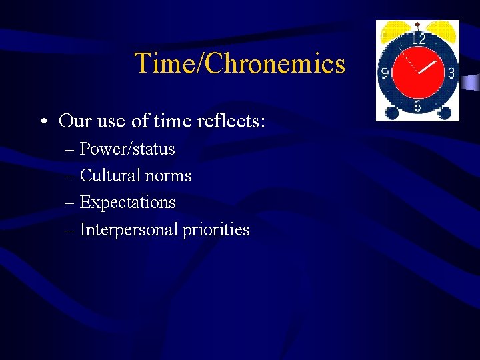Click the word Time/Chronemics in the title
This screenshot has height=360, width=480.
click(240, 64)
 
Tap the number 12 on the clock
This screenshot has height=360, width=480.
click(418, 39)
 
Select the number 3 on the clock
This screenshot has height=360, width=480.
click(451, 73)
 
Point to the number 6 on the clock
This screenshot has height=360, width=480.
click(417, 106)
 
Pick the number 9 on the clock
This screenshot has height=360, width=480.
click(385, 73)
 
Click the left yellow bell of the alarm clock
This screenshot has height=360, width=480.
click(393, 29)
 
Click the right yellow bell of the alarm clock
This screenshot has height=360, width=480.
click(442, 29)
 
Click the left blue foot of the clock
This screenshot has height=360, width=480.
click(392, 113)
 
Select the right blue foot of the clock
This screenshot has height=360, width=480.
click(443, 113)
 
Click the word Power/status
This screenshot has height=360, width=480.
click(127, 149)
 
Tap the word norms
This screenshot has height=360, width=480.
click(171, 176)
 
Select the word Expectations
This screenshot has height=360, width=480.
click(127, 203)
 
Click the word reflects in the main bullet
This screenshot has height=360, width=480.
click(227, 121)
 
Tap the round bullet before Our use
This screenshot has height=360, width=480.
click(43, 121)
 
